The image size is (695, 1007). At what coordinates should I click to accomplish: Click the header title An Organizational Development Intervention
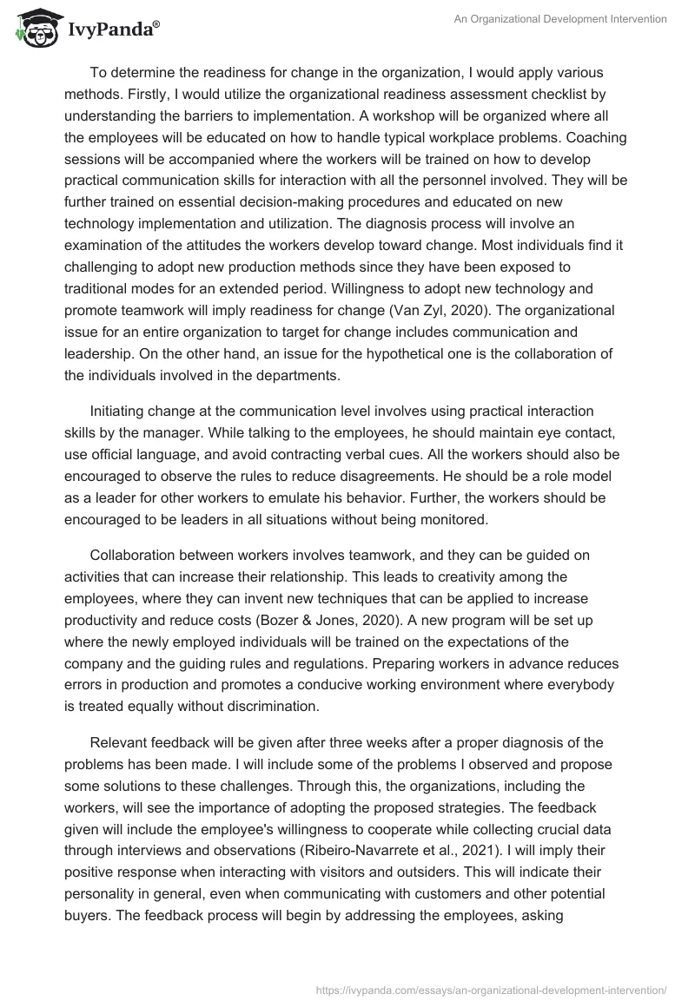tap(561, 20)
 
